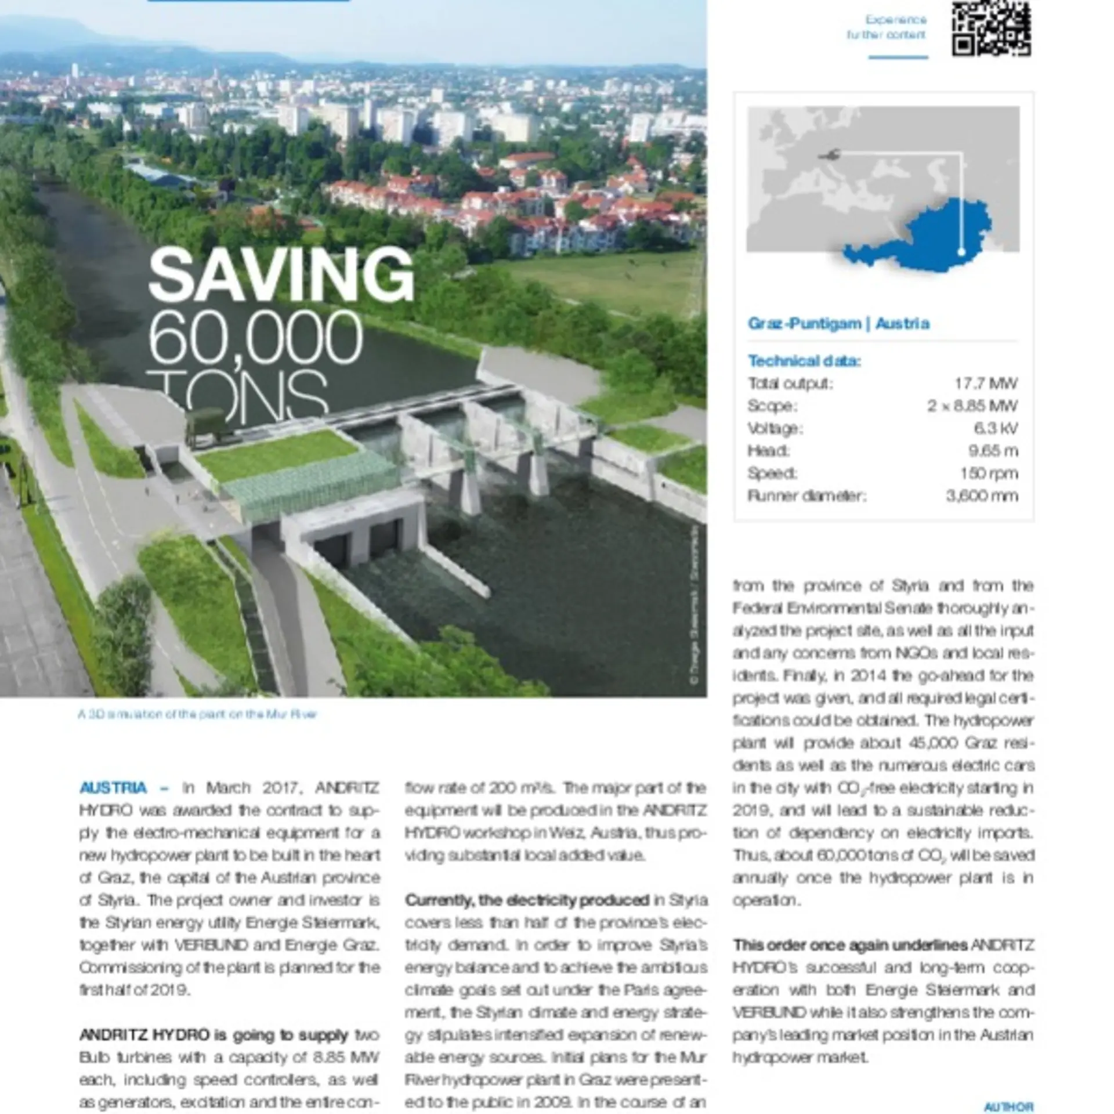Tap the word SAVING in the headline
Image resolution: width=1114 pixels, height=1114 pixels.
[x=281, y=274]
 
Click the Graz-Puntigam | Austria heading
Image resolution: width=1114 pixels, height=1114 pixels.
[x=838, y=323]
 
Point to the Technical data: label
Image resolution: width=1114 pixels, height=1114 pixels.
[x=804, y=361]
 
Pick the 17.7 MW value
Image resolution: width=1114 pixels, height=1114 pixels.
[x=986, y=384]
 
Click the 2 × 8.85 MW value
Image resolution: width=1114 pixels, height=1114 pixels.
[x=972, y=406]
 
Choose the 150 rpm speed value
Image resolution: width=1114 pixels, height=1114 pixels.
[x=989, y=473]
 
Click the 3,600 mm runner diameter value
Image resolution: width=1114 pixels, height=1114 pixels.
[x=982, y=496]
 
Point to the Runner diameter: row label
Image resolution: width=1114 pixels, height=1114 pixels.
[x=806, y=496]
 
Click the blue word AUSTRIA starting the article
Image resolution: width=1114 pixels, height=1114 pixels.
[x=113, y=788]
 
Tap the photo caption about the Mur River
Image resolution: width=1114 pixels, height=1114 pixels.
[x=197, y=714]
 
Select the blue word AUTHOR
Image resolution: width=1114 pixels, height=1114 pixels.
[x=1008, y=1107]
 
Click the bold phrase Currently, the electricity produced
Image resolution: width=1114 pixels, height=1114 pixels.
[x=527, y=900]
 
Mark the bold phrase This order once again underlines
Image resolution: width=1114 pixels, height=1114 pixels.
[x=849, y=945]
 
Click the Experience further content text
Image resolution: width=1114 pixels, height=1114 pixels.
[x=887, y=27]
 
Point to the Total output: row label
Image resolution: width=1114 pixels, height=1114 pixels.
[x=790, y=384]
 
